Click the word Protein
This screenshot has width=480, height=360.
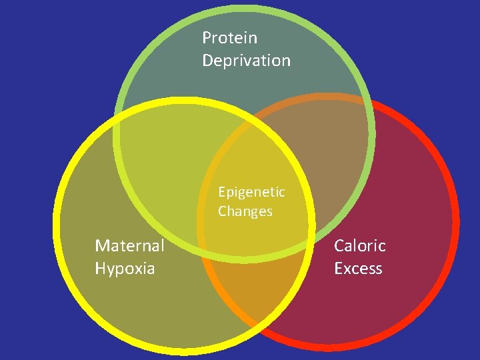229,38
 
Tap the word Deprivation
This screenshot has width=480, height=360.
246,61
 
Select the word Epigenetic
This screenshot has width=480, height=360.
251,193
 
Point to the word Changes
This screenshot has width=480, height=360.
245,212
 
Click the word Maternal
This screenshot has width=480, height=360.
129,246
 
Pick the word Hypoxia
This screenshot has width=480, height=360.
125,269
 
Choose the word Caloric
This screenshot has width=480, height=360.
359,246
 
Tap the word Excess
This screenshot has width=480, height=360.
358,269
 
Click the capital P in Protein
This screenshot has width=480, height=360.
207,38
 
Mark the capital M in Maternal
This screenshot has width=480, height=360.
102,246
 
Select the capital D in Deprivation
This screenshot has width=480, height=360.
207,61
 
